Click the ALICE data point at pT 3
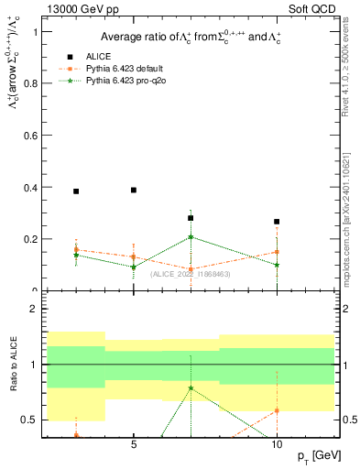tap(76, 191)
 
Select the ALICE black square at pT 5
tap(134, 190)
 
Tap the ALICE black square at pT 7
tap(191, 218)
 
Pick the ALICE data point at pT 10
tap(277, 222)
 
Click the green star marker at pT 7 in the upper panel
tap(191, 237)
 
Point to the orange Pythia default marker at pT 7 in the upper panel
tap(191, 269)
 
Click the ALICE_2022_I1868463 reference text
tap(191, 274)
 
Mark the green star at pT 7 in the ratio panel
tap(191, 387)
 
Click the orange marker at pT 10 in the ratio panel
tap(277, 410)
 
